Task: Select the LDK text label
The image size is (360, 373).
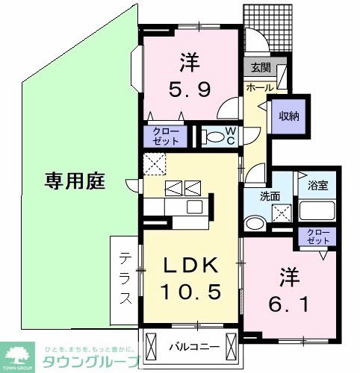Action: (192, 266)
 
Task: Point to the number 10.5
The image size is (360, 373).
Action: (192, 292)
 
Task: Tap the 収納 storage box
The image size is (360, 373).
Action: (289, 115)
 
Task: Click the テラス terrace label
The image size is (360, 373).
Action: (125, 277)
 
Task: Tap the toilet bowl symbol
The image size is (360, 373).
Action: (215, 136)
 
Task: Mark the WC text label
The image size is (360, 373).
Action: (232, 136)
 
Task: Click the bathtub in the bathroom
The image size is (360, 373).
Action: (318, 210)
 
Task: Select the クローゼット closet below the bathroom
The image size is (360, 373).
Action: (317, 237)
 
